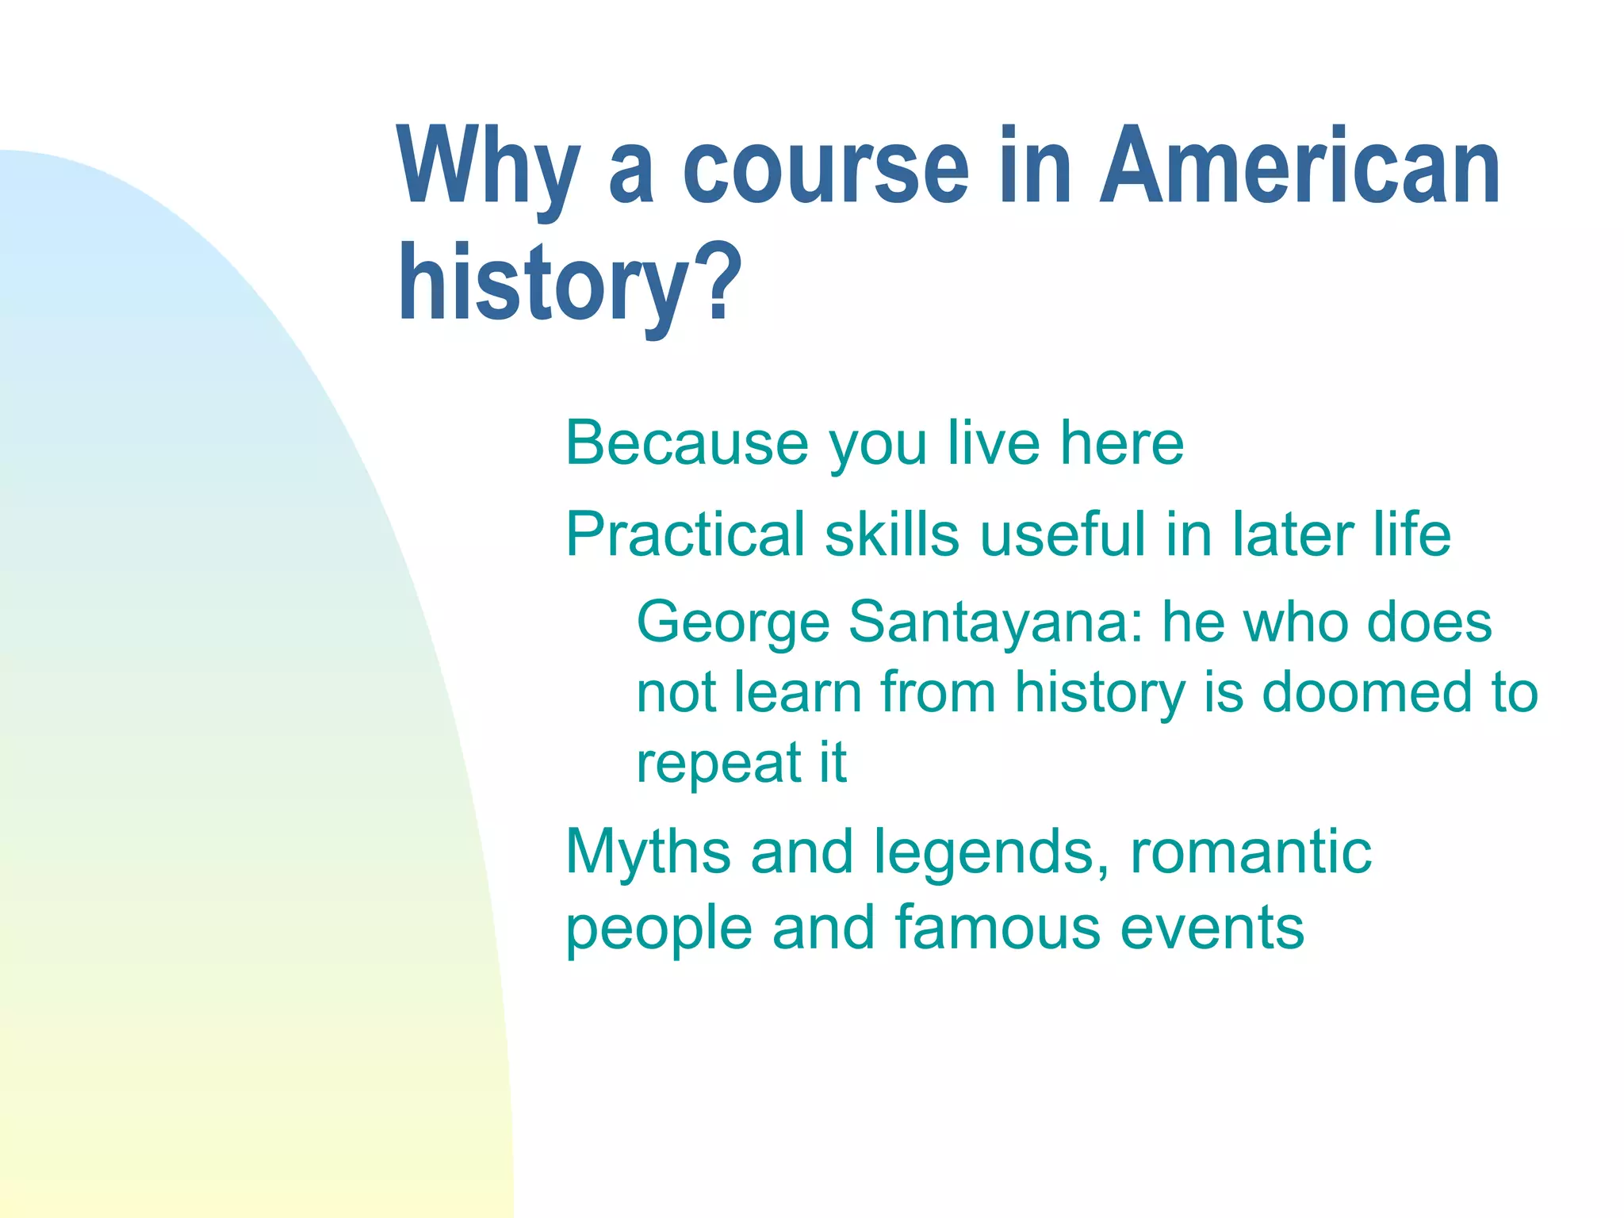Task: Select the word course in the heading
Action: click(825, 168)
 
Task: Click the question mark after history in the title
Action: click(722, 283)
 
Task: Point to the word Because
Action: click(687, 443)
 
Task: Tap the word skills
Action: click(892, 534)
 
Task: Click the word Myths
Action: click(648, 852)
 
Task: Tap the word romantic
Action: click(1251, 852)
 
